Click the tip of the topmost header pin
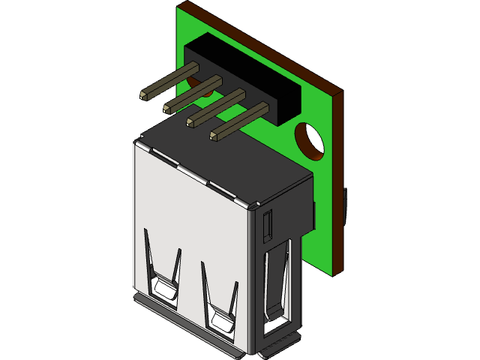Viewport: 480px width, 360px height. click(144, 94)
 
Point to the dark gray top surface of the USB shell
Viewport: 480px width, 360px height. click(225, 161)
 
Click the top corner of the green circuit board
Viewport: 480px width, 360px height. click(181, 8)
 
